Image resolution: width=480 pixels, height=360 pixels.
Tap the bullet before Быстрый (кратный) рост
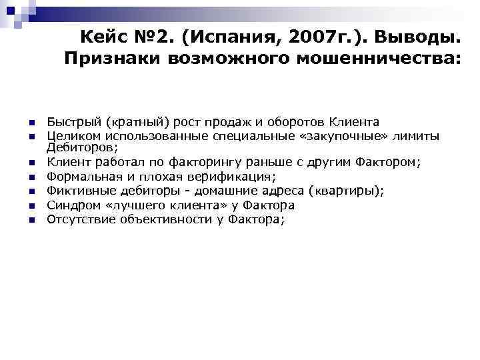pyautogui.click(x=31, y=123)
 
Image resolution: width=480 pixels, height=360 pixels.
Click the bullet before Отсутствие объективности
pyautogui.click(x=31, y=221)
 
